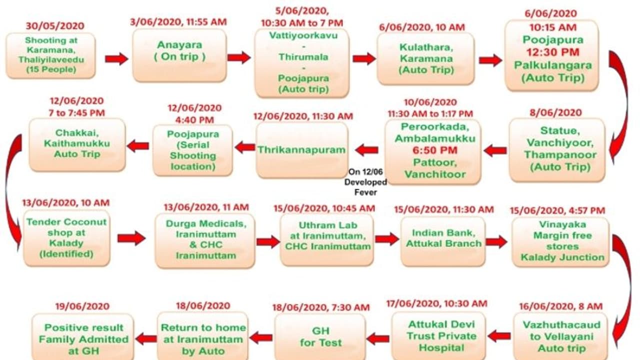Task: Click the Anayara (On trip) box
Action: [x=179, y=55]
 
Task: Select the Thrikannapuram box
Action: [x=301, y=150]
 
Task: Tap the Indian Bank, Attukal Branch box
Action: [x=443, y=241]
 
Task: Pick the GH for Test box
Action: [x=320, y=337]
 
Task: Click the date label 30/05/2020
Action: [x=55, y=26]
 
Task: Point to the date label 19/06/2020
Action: [x=82, y=306]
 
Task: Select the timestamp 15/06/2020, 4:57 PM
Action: [x=557, y=210]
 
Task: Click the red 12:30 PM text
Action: [x=553, y=52]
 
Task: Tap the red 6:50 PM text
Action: [x=435, y=150]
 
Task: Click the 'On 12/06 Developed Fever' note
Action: [x=365, y=182]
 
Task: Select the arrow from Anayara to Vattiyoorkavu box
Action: [x=239, y=57]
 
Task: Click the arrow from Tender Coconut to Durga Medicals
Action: [x=131, y=238]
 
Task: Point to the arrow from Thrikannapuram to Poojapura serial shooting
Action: [x=245, y=147]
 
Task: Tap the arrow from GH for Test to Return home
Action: [x=261, y=337]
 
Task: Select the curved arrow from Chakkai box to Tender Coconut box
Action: [x=13, y=192]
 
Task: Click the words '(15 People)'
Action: [x=51, y=69]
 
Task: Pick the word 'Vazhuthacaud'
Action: [x=561, y=325]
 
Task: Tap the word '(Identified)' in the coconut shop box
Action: [x=66, y=253]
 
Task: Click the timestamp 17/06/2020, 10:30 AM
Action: [x=436, y=303]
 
